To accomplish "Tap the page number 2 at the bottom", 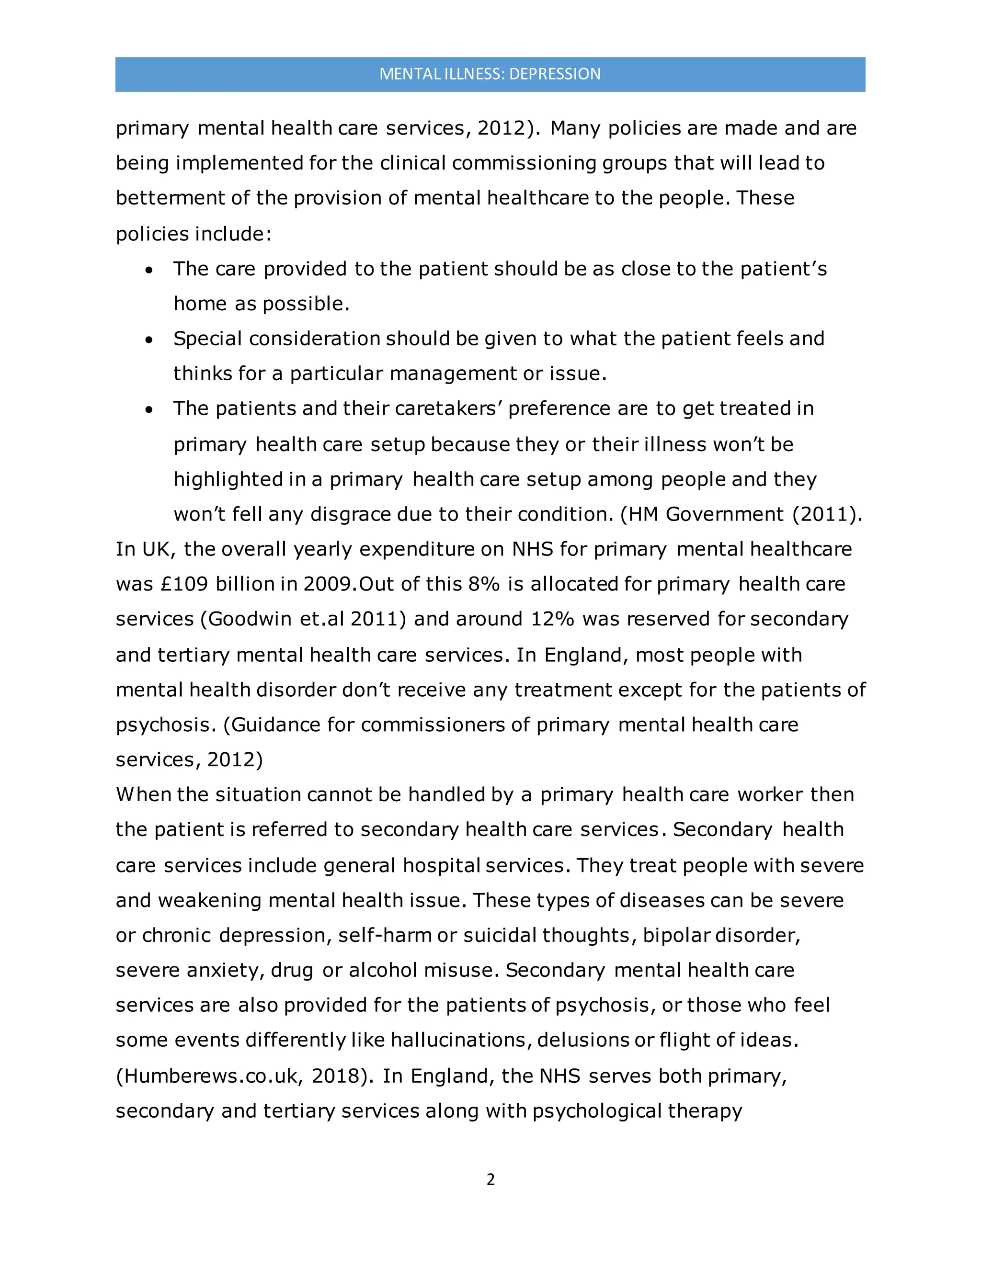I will tap(490, 1179).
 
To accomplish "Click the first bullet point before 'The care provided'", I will tap(149, 270).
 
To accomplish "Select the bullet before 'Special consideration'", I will tap(149, 340).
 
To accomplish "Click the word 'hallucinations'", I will tap(458, 1040).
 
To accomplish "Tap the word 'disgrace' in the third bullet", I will tap(350, 514).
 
